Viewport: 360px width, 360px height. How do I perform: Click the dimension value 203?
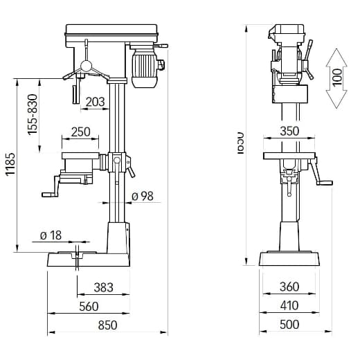pos(96,102)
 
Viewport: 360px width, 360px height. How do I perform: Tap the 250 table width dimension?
pos(80,132)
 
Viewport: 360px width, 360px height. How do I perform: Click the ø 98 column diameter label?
pos(141,196)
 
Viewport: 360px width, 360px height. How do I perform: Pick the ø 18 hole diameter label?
pos(51,235)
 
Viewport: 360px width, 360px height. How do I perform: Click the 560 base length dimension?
pos(89,306)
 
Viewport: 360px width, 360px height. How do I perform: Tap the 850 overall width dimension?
pos(107,325)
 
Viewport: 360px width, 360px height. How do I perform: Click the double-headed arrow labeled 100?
pos(336,78)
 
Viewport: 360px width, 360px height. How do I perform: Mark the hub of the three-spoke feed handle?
pos(85,66)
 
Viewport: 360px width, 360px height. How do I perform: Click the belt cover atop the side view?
pos(111,31)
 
